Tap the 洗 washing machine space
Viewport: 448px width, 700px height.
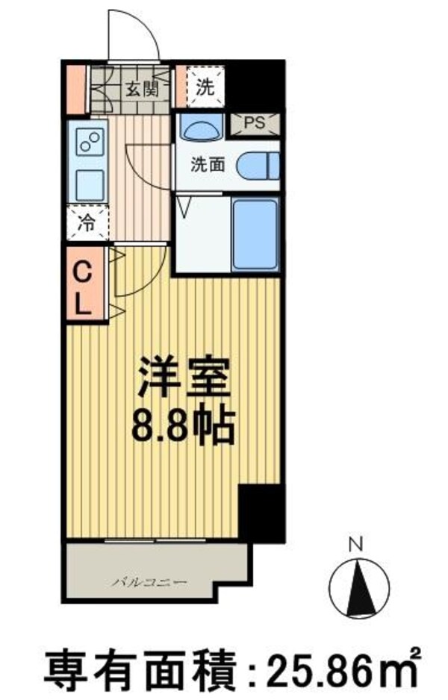(x=204, y=87)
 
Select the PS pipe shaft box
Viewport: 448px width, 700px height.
(x=255, y=125)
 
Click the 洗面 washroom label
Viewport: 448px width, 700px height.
(x=207, y=166)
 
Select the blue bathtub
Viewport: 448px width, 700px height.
(x=255, y=234)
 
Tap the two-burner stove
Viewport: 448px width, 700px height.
(x=90, y=141)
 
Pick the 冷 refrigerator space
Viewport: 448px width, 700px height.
(x=88, y=222)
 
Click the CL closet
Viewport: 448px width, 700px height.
(x=84, y=287)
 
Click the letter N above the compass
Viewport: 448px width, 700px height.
(x=356, y=545)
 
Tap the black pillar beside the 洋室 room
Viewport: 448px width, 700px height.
(x=261, y=513)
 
